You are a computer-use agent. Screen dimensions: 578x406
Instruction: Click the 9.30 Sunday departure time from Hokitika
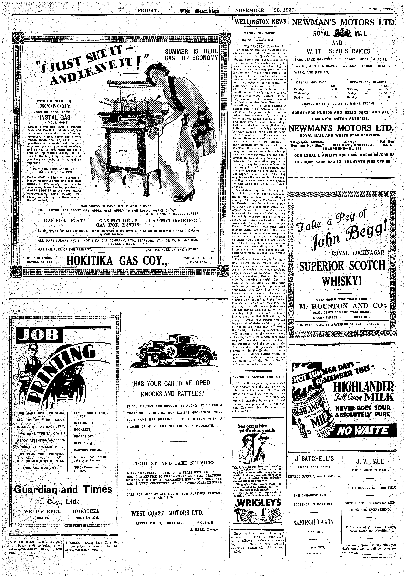coord(334,89)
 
